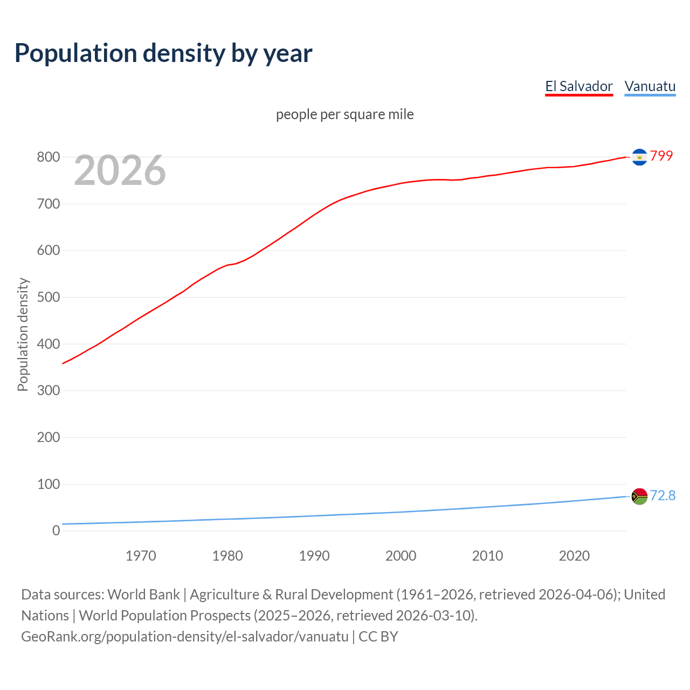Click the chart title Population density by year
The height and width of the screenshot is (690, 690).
(163, 53)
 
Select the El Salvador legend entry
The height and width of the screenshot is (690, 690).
(579, 86)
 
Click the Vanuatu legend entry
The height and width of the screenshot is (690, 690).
(650, 86)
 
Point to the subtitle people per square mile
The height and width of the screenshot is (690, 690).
(345, 114)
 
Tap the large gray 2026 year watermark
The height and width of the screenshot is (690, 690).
(120, 170)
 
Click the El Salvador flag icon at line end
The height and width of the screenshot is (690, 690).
(639, 157)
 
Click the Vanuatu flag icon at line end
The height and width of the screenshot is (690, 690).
(639, 496)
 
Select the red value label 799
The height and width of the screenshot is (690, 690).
(661, 156)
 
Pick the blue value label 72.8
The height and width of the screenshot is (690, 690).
(663, 495)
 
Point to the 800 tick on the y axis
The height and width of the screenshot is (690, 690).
(48, 157)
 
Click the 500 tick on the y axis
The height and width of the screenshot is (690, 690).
(48, 297)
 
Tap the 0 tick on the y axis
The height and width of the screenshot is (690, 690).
(56, 530)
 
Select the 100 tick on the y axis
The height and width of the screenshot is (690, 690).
(48, 484)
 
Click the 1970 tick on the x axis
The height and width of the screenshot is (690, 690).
(141, 556)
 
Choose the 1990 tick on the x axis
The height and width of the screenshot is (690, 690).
(314, 556)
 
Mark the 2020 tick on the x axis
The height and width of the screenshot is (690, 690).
(574, 556)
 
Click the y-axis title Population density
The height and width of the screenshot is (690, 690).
(23, 334)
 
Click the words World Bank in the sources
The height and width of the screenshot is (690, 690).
(143, 594)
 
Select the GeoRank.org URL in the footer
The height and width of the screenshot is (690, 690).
(185, 636)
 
